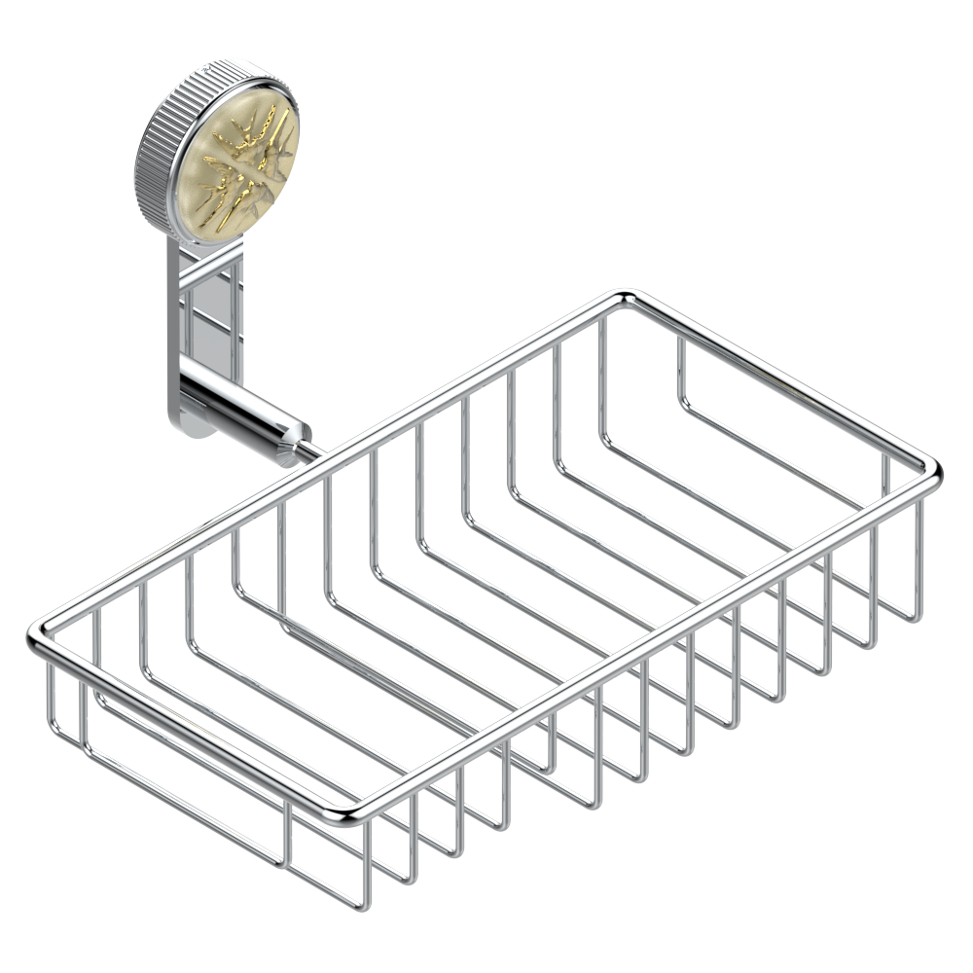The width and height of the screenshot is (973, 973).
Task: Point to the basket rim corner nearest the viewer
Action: click(350, 815)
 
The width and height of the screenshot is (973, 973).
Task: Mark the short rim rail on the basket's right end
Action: click(778, 384)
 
